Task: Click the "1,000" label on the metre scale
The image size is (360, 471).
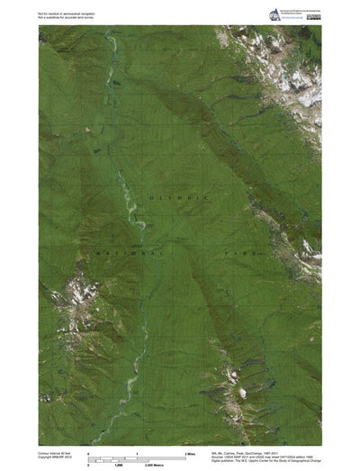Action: [118, 464]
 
